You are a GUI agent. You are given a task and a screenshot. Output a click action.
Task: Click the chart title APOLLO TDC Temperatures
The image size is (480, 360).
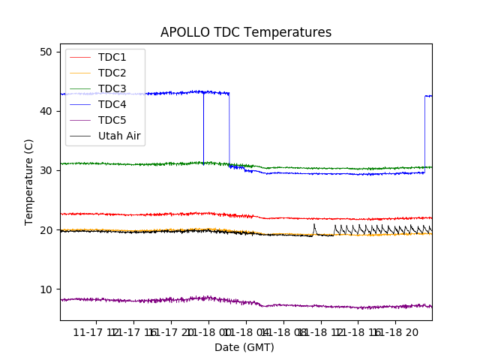tap(246, 32)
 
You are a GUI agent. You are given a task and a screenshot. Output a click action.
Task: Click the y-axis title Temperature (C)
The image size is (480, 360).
tap(29, 181)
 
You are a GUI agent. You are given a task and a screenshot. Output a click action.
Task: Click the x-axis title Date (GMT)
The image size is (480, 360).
tap(244, 347)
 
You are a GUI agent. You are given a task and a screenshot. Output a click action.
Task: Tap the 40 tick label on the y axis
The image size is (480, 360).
tap(46, 111)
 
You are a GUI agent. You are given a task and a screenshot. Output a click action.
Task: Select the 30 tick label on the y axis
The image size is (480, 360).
tap(46, 170)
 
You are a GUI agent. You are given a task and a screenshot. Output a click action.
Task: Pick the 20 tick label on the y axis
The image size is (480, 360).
tap(46, 230)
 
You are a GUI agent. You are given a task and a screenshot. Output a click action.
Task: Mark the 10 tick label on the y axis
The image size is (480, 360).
tap(46, 289)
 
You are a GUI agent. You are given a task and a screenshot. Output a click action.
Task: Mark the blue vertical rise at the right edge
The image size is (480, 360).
tap(424, 135)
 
